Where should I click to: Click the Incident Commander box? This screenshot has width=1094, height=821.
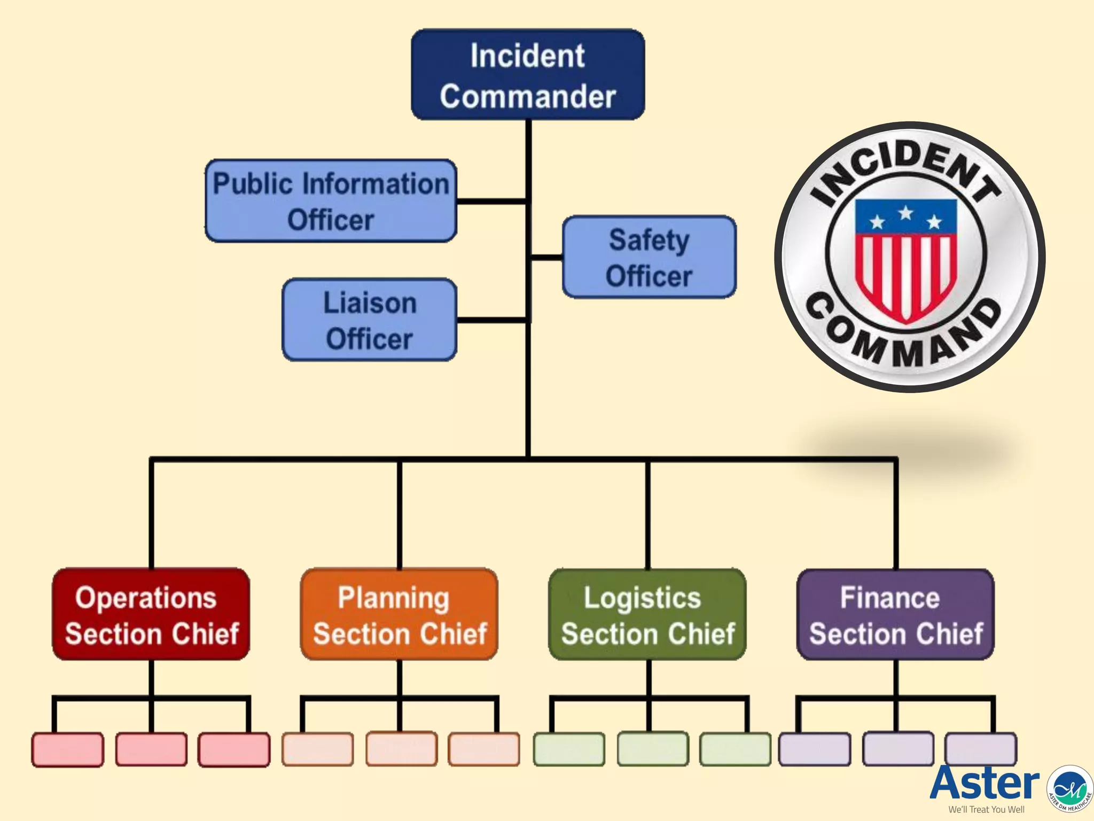pos(528,75)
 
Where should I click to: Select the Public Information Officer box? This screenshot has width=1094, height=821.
pos(331,201)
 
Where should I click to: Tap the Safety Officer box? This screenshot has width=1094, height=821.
pos(649,257)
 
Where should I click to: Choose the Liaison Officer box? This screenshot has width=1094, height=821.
pos(370,320)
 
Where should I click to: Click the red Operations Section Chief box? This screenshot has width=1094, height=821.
pos(151,614)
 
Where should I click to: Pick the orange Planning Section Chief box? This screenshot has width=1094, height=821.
pos(399,614)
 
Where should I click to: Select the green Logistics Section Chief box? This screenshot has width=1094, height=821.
pos(647,614)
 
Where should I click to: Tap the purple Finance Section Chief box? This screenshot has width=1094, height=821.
pos(895,614)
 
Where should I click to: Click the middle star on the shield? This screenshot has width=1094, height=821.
pos(905,213)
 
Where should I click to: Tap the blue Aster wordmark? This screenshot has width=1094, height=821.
pos(984,783)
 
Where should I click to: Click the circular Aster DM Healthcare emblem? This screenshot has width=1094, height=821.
pos(1070,788)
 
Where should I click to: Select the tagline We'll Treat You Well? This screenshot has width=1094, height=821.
pos(986,810)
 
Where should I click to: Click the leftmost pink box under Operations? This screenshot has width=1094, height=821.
pos(68,749)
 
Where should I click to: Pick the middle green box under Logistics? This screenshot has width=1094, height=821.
pos(652,749)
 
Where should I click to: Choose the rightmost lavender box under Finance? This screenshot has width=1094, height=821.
pos(980,749)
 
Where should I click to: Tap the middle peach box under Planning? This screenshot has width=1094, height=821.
pos(401,749)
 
